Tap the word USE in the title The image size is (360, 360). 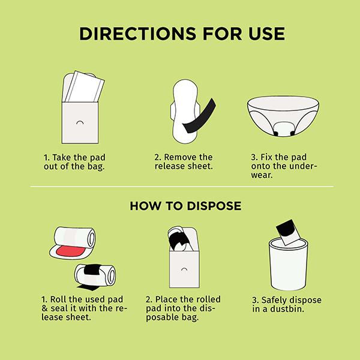[266, 34]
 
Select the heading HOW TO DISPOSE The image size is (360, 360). [185, 206]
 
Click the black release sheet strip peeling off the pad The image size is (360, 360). [199, 116]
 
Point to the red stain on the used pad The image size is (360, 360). [71, 251]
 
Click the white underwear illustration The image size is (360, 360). [283, 116]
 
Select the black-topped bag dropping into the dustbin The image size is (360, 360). [289, 232]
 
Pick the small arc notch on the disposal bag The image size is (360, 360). [184, 269]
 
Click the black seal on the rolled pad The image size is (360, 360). [92, 269]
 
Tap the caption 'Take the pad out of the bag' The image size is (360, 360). [74, 162]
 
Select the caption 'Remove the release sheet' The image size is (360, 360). [184, 161]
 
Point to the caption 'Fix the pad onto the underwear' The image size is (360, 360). [284, 166]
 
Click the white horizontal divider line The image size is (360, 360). [182, 187]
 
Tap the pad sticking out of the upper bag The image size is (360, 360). [85, 87]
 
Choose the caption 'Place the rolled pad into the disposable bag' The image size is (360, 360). [183, 308]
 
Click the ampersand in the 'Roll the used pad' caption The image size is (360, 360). [44, 308]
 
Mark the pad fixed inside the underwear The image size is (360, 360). [283, 128]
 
